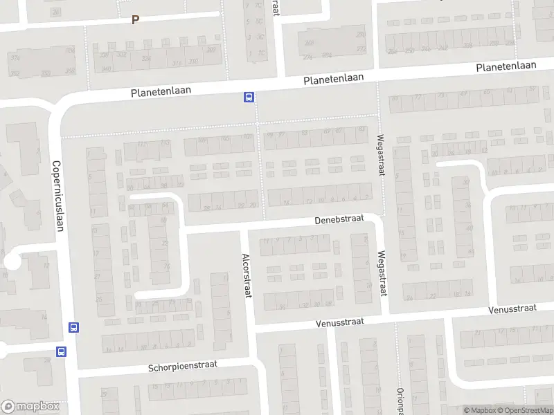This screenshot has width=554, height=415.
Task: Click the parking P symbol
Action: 136,20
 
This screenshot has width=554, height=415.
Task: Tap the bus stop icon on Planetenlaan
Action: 248,98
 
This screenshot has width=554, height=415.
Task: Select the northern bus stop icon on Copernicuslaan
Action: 73,327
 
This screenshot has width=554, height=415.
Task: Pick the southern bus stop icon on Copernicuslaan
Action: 62,351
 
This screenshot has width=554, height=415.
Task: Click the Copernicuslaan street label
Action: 58,197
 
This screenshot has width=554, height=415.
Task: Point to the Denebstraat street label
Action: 339,219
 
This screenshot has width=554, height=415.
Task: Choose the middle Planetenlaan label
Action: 334,79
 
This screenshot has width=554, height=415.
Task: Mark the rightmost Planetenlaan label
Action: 507,66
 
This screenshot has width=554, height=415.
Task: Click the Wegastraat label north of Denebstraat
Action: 381,155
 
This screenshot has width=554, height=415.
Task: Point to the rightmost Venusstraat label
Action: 513,308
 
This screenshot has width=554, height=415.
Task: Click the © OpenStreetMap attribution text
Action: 525,411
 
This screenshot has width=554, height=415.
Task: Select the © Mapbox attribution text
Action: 480,411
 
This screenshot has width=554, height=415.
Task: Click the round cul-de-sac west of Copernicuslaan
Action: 12,261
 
